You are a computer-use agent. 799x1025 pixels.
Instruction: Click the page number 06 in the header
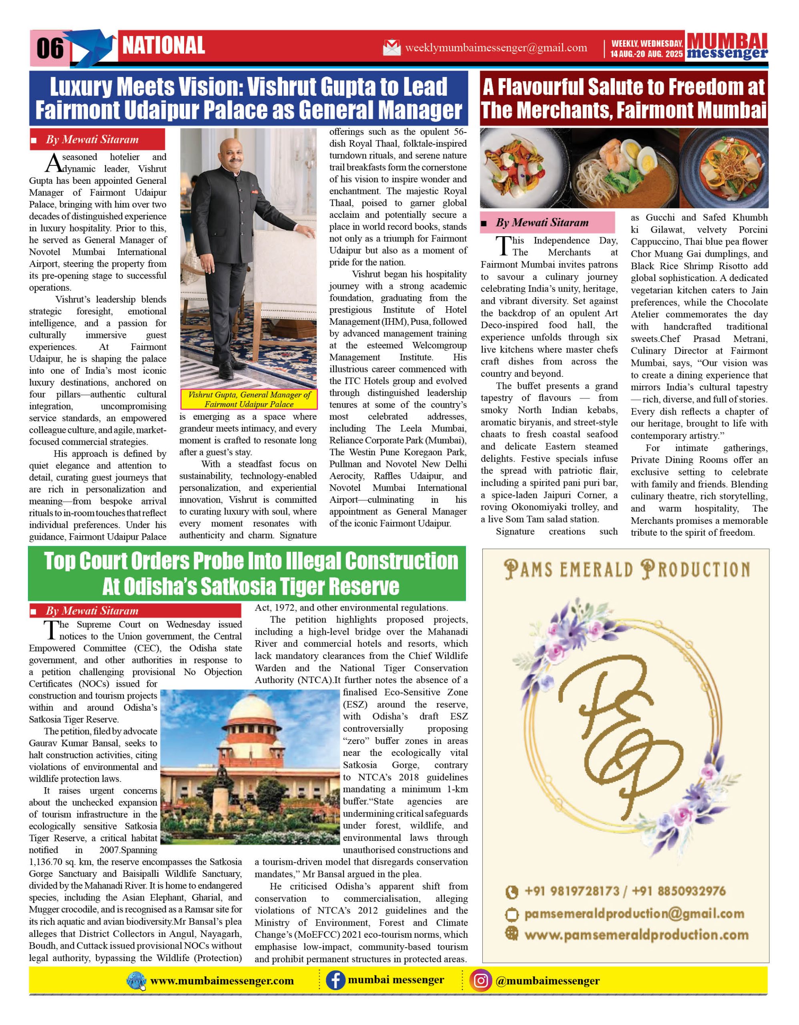click(x=50, y=48)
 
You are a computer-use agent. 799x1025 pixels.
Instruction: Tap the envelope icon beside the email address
click(x=392, y=48)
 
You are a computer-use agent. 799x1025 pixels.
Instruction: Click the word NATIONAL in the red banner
click(x=164, y=46)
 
